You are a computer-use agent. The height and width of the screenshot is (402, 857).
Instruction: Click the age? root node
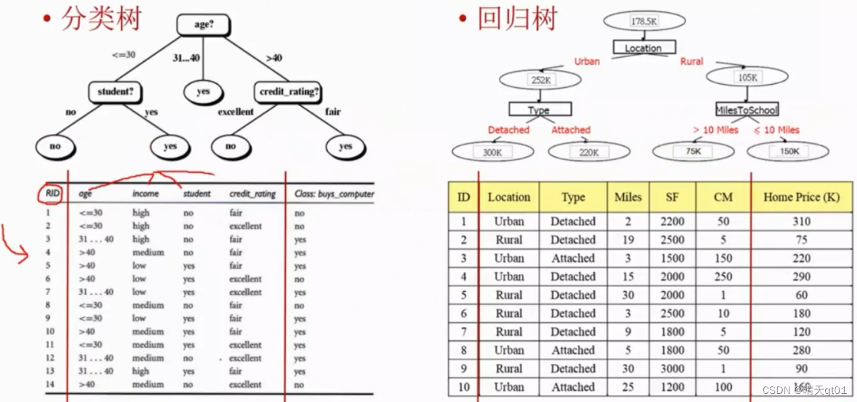203,24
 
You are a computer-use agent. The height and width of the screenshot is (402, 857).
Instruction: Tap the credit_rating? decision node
289,91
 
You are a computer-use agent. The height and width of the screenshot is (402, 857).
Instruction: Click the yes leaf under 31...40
203,91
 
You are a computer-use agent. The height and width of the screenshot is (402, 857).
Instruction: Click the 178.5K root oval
644,21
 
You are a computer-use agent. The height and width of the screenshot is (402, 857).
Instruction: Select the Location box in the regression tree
643,47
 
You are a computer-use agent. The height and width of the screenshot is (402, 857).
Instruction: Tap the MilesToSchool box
747,109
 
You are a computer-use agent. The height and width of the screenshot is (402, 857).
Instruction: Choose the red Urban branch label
587,61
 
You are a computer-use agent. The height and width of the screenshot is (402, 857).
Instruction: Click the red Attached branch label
570,129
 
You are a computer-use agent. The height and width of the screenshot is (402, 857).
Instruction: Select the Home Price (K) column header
801,197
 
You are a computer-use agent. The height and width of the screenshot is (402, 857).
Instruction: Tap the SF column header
672,197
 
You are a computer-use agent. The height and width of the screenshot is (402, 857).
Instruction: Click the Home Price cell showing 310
801,221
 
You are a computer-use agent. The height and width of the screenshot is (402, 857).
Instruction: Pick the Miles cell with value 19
628,240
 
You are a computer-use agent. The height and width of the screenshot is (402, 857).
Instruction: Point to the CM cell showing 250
723,276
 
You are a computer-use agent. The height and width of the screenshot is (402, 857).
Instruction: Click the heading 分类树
101,19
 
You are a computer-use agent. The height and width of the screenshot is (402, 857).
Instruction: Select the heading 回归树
517,19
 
